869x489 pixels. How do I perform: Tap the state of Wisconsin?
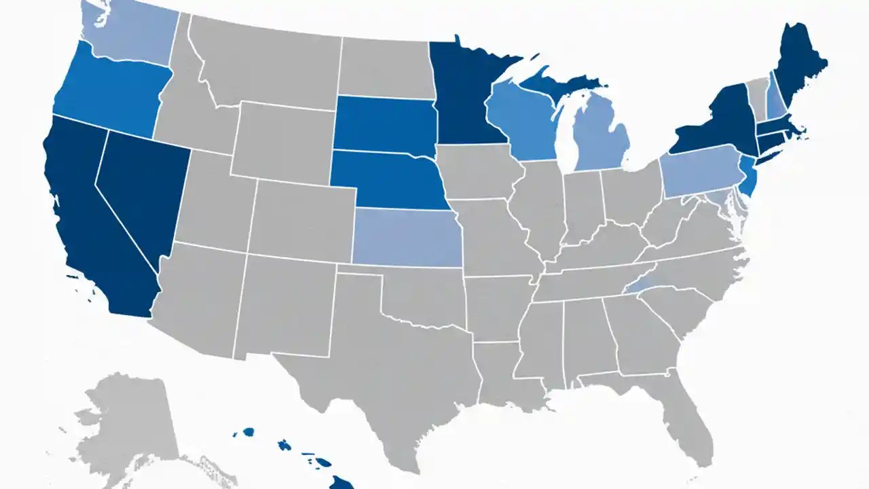(x=523, y=122)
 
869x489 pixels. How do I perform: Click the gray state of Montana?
(x=265, y=61)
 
